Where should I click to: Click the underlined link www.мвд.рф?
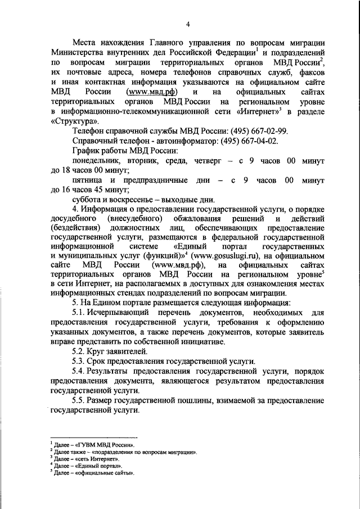[148, 91]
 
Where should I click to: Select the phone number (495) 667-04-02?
[254, 141]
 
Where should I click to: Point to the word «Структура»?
[68, 120]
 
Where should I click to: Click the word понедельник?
[96, 160]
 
